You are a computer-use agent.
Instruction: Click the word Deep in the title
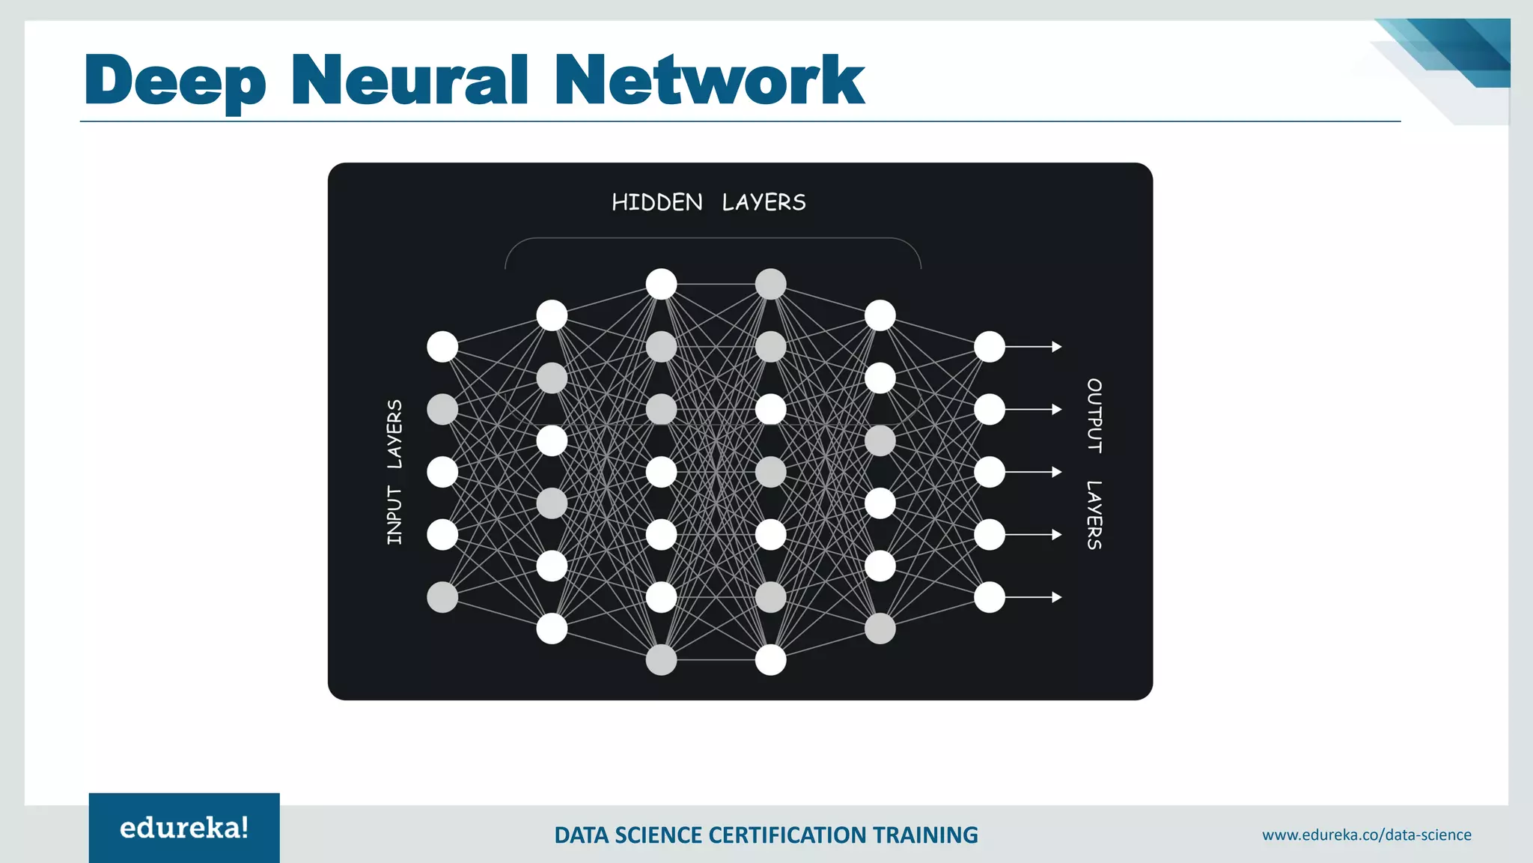tap(175, 81)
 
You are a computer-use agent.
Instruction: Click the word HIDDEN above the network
tap(656, 202)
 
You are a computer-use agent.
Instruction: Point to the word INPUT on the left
tap(394, 515)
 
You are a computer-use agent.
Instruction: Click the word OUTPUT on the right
tap(1094, 416)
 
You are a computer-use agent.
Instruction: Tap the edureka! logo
tap(184, 828)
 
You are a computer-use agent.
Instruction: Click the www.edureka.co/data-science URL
tap(1366, 835)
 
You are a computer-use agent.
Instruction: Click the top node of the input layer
tap(442, 347)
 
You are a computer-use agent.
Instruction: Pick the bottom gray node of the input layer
tap(442, 597)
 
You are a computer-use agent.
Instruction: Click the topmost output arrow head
tap(1057, 347)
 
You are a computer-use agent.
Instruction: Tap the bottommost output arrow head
tap(1057, 597)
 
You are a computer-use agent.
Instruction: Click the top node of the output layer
tap(990, 347)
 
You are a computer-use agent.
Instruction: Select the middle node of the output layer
tap(990, 472)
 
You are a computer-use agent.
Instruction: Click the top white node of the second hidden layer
tap(661, 284)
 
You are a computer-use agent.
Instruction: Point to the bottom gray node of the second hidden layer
tap(661, 660)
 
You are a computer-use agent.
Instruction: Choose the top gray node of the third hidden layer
tap(771, 284)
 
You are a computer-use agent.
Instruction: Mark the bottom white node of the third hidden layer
tap(771, 660)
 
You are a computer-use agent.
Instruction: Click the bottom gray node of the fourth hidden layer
tap(880, 629)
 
